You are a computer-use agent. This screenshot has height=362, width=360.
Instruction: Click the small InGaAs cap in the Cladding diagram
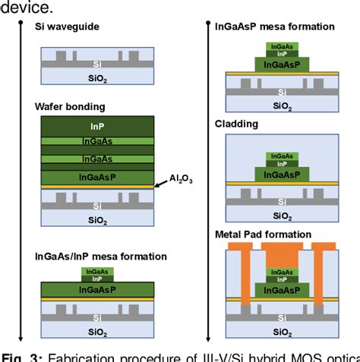(x=281, y=156)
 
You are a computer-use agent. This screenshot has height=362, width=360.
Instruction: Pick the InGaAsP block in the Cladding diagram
(x=280, y=174)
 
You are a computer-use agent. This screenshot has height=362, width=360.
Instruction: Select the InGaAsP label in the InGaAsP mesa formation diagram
(x=280, y=65)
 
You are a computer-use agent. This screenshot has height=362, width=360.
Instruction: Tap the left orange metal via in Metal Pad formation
(x=245, y=281)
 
